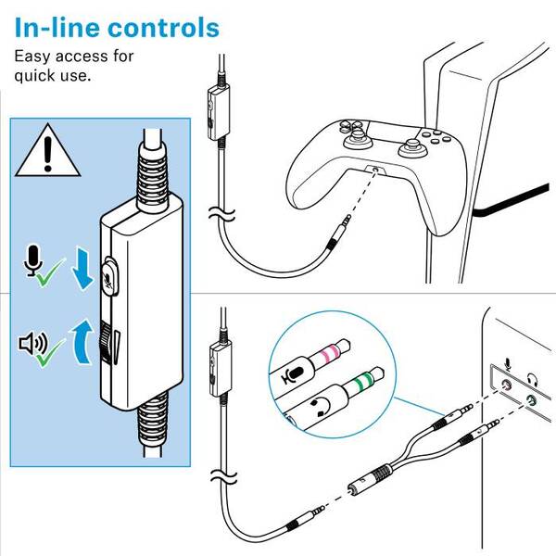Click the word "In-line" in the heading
pos(57,27)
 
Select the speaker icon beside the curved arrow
pos(32,345)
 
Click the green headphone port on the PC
pos(530,400)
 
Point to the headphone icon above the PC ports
pos(532,378)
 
